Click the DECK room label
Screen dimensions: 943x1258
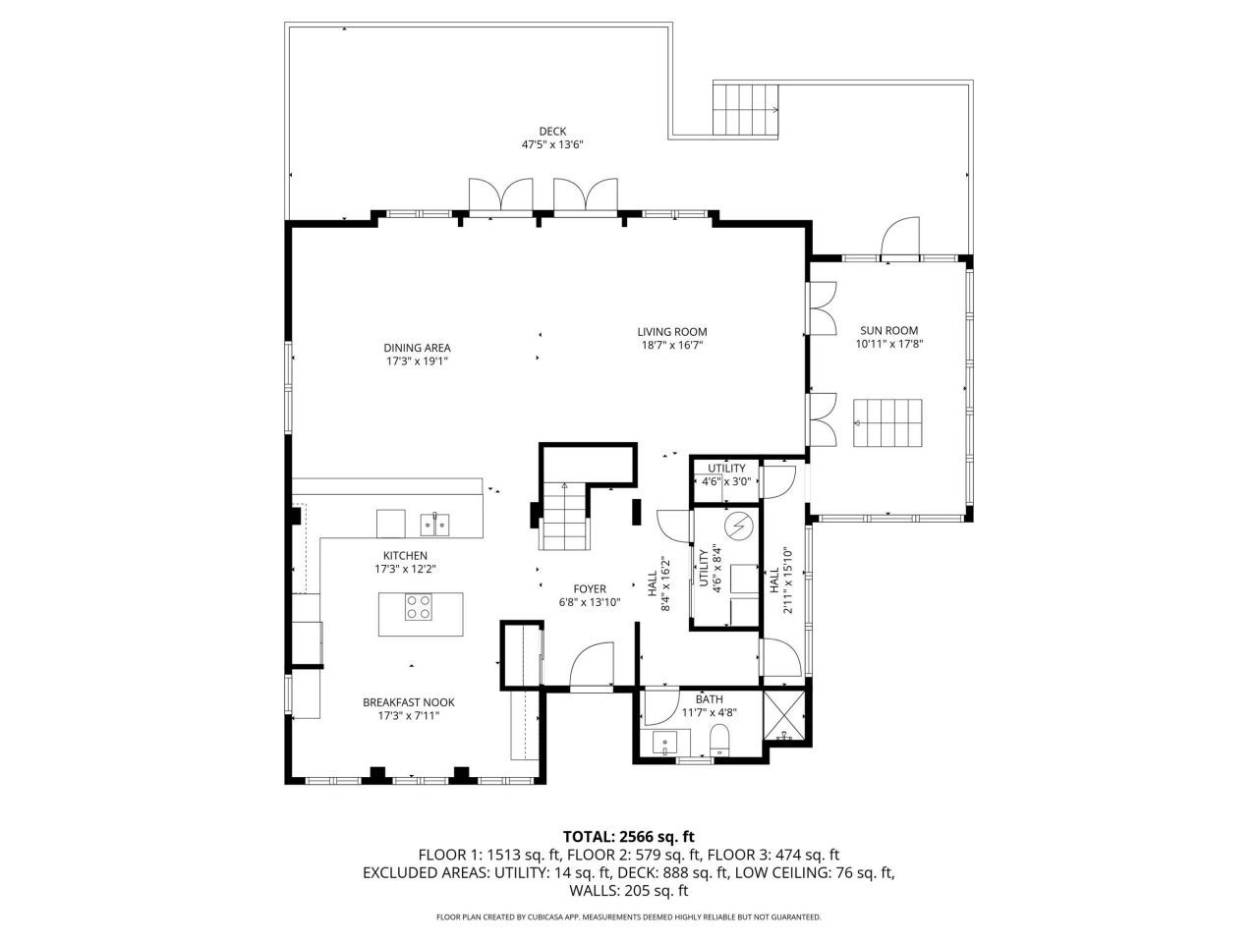552,131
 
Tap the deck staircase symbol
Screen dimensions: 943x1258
745,109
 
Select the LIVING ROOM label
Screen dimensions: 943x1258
671,332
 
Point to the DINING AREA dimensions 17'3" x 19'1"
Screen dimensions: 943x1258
417,361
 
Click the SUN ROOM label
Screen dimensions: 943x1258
888,331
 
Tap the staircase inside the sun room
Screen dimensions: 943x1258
888,422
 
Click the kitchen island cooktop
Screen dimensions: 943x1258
419,608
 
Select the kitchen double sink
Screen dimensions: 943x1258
434,525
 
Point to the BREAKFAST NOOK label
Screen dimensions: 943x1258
408,702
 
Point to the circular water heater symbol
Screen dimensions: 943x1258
737,527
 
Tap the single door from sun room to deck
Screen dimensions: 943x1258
900,241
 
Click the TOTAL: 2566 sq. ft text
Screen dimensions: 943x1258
628,836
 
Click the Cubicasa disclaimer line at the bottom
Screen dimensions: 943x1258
628,917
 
